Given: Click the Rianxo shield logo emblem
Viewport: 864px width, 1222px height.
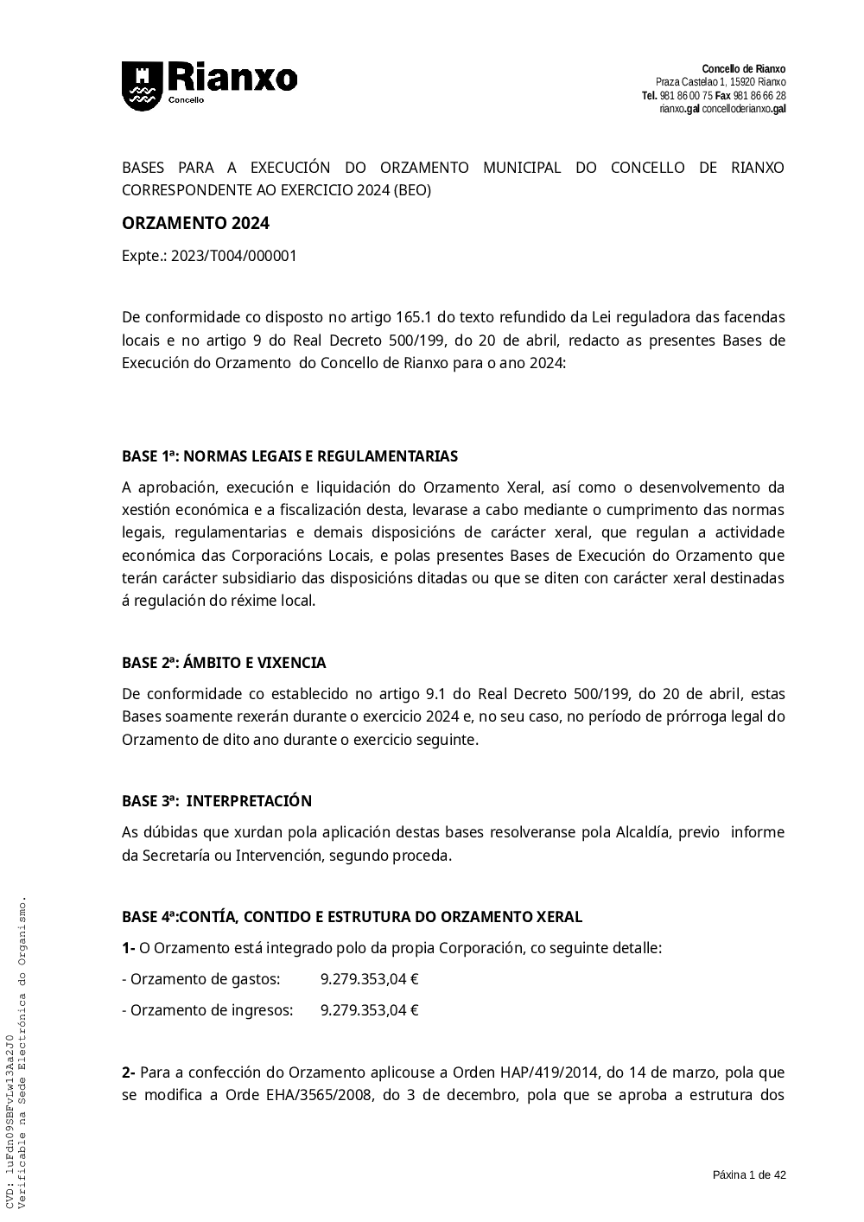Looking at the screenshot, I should pyautogui.click(x=141, y=86).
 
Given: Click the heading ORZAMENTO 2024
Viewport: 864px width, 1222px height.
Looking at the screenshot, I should pyautogui.click(x=195, y=224).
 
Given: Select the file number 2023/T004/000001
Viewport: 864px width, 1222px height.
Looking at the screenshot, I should pyautogui.click(x=234, y=257).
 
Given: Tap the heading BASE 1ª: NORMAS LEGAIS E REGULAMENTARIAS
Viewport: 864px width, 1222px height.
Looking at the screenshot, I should pyautogui.click(x=289, y=456).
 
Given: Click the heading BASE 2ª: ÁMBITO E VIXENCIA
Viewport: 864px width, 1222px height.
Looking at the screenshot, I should pyautogui.click(x=224, y=664).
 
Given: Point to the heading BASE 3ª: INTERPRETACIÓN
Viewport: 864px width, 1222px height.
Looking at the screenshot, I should pyautogui.click(x=217, y=801).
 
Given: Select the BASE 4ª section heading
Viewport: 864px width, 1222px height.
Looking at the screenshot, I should pyautogui.click(x=352, y=917).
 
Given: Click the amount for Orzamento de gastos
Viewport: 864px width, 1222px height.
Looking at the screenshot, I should pyautogui.click(x=369, y=980).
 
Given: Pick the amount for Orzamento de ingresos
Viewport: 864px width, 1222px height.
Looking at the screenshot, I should pyautogui.click(x=369, y=1011).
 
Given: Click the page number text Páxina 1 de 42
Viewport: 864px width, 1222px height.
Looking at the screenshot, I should pyautogui.click(x=749, y=1175).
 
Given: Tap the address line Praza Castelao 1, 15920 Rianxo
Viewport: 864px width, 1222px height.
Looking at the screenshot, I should pyautogui.click(x=721, y=82).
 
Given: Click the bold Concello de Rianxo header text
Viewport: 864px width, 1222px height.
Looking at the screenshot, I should pyautogui.click(x=743, y=69).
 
